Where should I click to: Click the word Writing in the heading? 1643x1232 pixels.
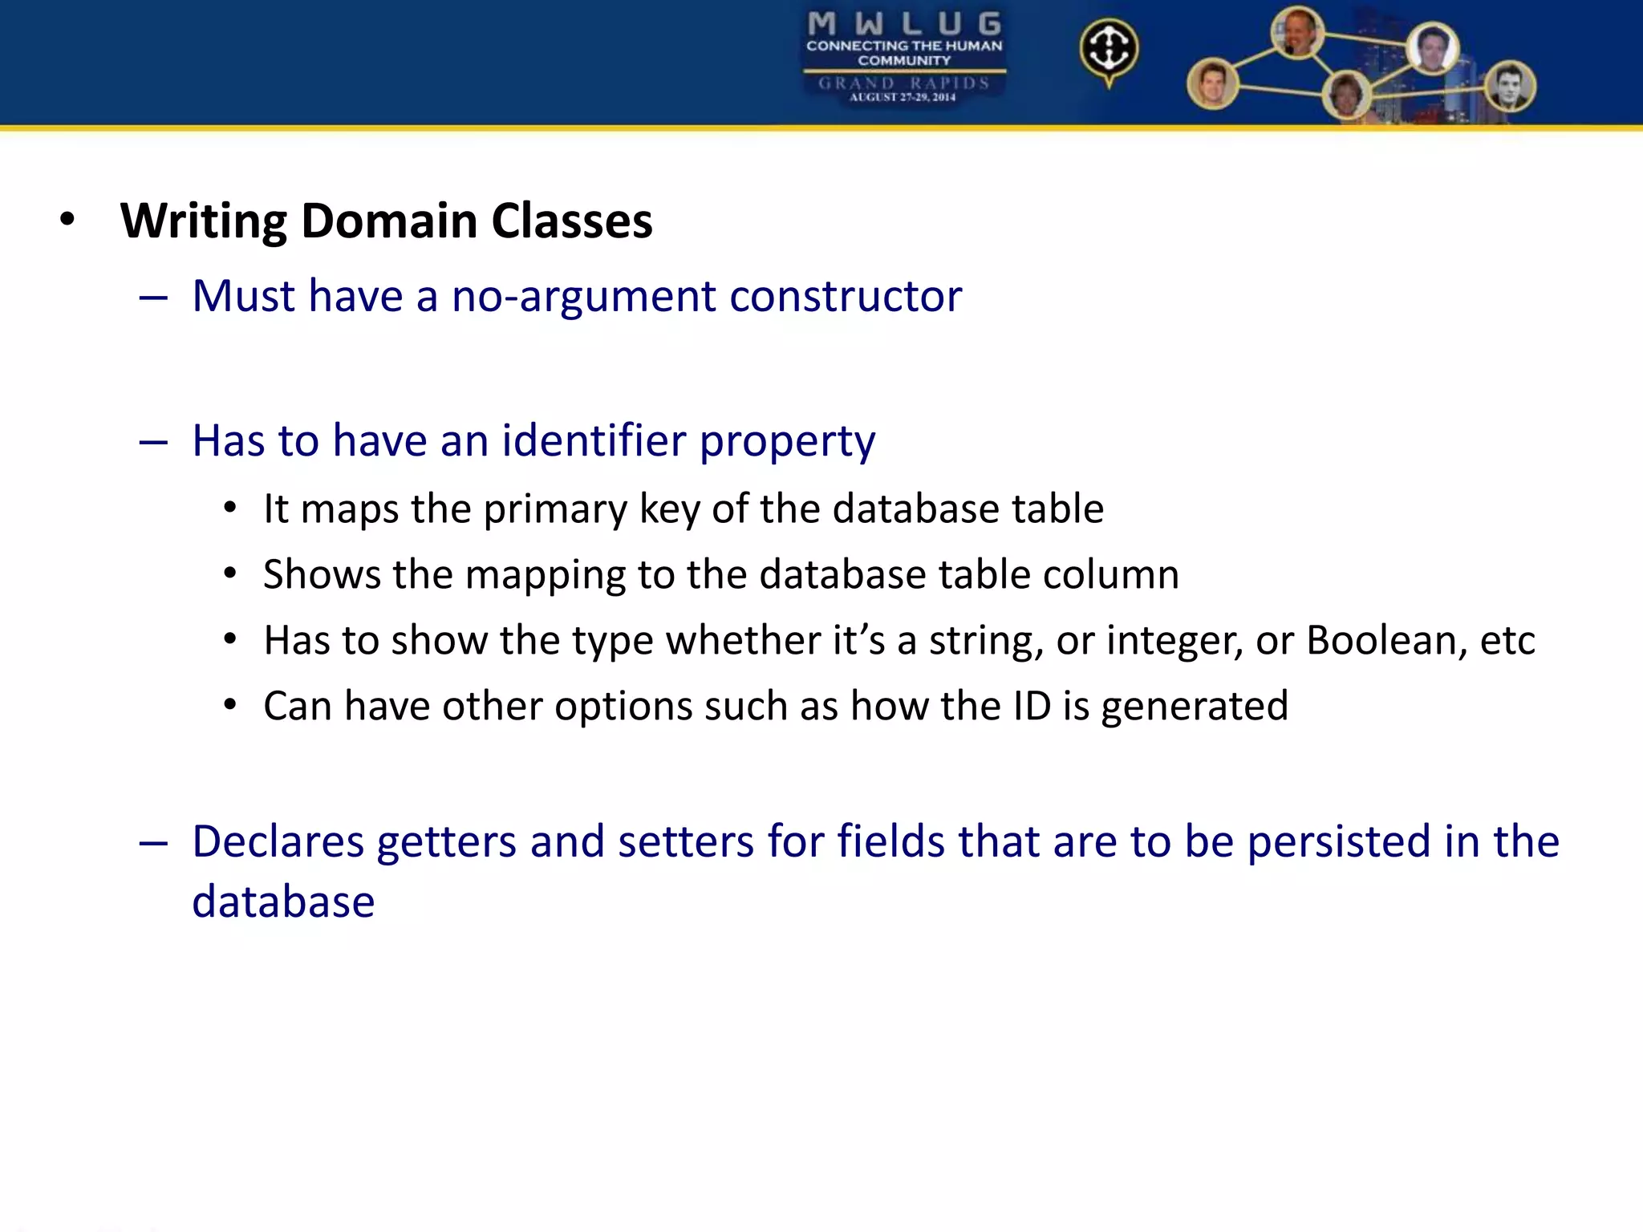click(x=204, y=221)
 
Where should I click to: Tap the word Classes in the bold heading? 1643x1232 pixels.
click(x=571, y=221)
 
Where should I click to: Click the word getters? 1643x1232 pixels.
click(x=446, y=843)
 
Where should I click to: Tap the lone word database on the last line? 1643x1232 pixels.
click(x=283, y=902)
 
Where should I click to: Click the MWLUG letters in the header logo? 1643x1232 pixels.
click(x=903, y=24)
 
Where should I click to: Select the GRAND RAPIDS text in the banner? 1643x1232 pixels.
click(x=903, y=83)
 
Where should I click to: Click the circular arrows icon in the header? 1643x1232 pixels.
click(x=1109, y=50)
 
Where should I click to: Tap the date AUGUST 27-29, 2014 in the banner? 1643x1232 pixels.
click(x=903, y=98)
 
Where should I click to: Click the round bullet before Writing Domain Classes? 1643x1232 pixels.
click(x=67, y=220)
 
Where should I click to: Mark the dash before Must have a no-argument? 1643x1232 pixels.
click(x=152, y=298)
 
